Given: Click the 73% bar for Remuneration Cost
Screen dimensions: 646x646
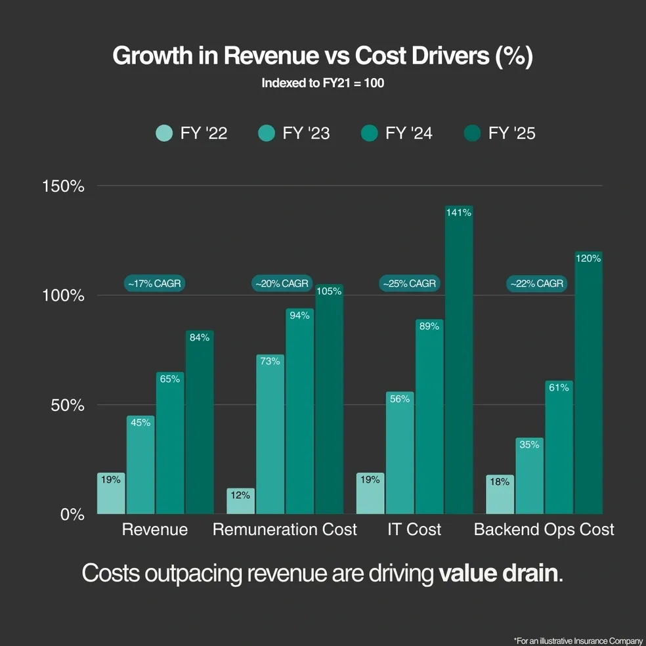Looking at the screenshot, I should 270,434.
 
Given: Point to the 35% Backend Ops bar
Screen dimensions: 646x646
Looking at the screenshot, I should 529,476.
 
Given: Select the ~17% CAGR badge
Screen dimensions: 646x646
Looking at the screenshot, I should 154,284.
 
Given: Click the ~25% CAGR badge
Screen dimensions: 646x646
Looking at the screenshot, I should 410,284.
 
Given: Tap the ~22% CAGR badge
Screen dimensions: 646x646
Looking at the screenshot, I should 537,284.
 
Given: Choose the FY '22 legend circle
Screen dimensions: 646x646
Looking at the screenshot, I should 163,133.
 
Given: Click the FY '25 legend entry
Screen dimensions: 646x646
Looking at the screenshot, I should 500,133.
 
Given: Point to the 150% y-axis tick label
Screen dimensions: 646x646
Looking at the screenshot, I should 64,186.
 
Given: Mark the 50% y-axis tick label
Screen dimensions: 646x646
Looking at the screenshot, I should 68,405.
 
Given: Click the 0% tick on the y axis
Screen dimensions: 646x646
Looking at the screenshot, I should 72,515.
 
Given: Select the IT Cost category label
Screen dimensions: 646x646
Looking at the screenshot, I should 414,529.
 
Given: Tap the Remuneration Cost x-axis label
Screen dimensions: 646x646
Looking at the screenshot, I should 285,529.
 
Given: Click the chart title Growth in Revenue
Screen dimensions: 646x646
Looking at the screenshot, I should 322,56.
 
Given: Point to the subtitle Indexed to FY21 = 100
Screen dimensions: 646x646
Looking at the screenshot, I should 322,83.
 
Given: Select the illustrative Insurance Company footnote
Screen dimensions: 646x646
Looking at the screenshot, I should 578,639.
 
